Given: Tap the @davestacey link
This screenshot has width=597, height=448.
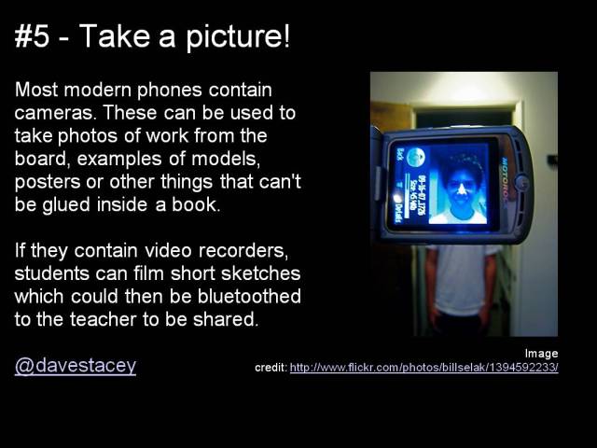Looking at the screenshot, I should coord(76,366).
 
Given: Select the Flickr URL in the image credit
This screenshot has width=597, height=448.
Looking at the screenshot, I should coord(424,368).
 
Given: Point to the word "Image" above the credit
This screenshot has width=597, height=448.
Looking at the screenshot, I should coord(541,353).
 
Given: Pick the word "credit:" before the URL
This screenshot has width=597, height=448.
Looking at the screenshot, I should coord(271,368).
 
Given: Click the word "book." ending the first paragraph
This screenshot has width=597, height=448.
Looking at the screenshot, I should coord(197,203).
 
